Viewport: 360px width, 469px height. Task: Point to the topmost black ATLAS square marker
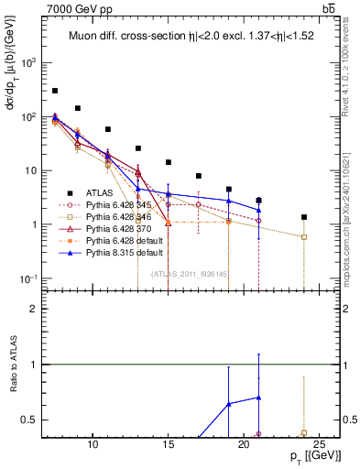tap(55, 91)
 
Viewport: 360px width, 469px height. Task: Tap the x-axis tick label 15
tap(168, 444)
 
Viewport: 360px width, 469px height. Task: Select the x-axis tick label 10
tap(93, 444)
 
